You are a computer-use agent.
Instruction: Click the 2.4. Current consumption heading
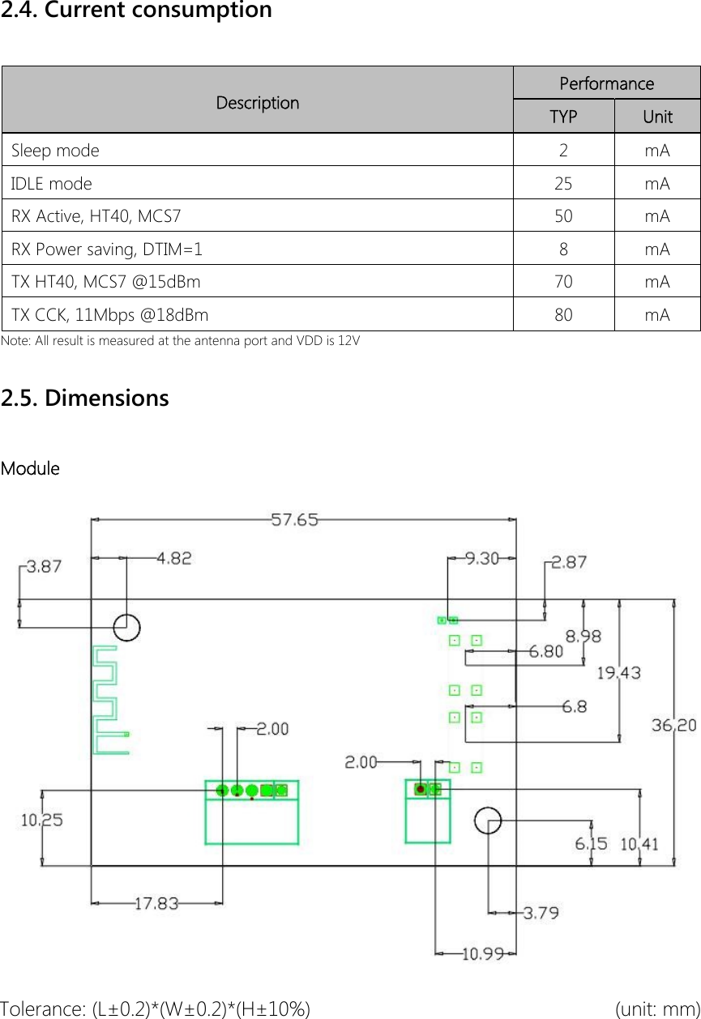click(x=136, y=11)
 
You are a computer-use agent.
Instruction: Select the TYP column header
click(x=563, y=117)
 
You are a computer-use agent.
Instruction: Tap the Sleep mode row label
click(x=56, y=151)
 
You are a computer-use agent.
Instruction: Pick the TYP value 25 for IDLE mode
click(x=563, y=184)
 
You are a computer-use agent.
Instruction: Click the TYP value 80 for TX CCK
click(x=563, y=314)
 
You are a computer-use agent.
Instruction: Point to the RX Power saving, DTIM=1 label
click(x=107, y=249)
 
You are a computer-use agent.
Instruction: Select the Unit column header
click(x=657, y=117)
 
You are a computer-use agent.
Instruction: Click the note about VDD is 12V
click(x=181, y=340)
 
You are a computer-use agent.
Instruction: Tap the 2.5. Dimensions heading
click(x=85, y=399)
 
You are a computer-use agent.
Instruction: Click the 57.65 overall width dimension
click(x=294, y=520)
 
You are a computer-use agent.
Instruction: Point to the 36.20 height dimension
click(x=673, y=726)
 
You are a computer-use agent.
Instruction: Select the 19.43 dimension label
click(x=618, y=672)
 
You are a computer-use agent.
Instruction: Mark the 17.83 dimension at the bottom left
click(x=156, y=903)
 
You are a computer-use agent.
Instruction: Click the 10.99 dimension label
click(x=483, y=953)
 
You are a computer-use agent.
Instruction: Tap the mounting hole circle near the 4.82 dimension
click(x=126, y=626)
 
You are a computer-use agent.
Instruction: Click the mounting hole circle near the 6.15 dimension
click(x=488, y=820)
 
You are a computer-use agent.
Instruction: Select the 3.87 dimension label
click(x=44, y=567)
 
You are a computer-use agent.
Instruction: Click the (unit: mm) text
click(x=657, y=1008)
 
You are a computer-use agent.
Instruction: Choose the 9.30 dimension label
click(x=481, y=558)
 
